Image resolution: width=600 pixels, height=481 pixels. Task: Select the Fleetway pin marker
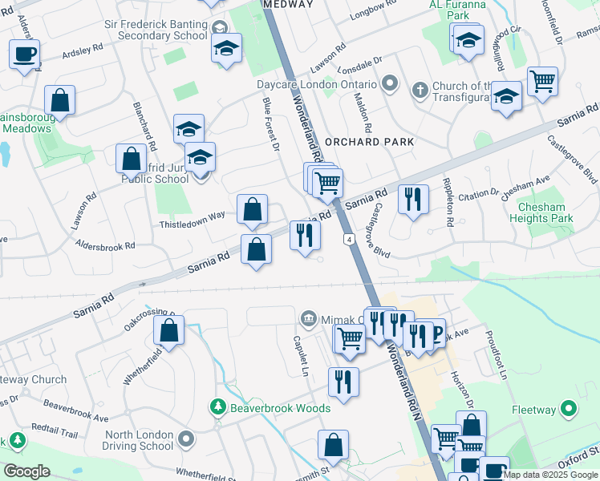tap(570, 410)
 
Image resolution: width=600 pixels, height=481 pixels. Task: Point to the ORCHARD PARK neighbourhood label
tap(370, 142)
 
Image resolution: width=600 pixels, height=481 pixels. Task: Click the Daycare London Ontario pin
tap(390, 84)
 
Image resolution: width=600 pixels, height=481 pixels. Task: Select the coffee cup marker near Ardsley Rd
tap(25, 54)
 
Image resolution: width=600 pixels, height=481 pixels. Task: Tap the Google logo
tap(27, 471)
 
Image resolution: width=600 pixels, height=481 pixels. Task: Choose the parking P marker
tap(436, 332)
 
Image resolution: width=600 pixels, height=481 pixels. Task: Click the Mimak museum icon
tap(309, 319)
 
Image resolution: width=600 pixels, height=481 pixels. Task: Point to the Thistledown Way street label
tap(192, 216)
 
